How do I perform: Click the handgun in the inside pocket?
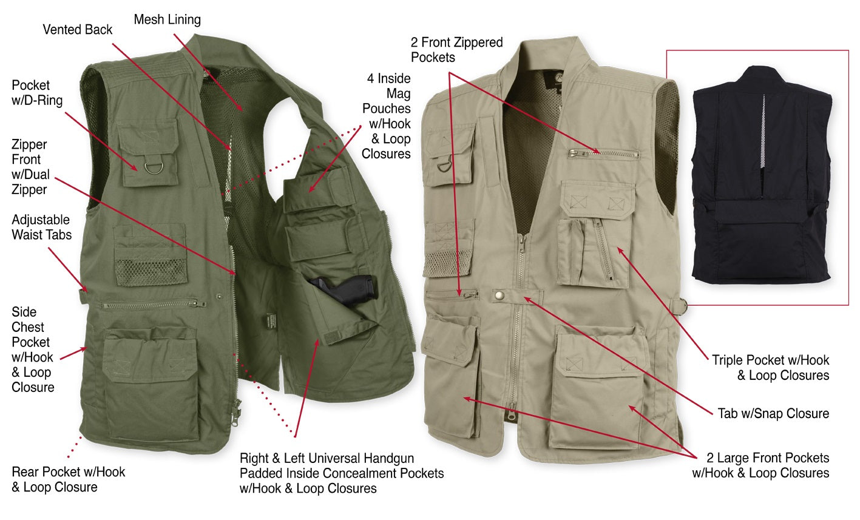(345, 289)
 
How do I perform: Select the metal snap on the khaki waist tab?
(499, 295)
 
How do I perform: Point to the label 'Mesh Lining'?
(167, 19)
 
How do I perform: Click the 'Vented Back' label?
(77, 30)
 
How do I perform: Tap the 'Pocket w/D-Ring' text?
(37, 93)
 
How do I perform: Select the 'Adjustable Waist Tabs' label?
(41, 227)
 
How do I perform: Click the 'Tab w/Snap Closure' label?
(773, 413)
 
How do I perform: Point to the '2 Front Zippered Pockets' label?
(456, 50)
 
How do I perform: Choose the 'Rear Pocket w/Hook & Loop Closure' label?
(69, 479)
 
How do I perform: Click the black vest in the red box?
(762, 175)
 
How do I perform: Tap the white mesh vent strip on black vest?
(763, 131)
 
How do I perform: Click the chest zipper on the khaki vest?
(603, 154)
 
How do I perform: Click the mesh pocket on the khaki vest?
(448, 263)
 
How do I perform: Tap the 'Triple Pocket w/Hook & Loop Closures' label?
(771, 368)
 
